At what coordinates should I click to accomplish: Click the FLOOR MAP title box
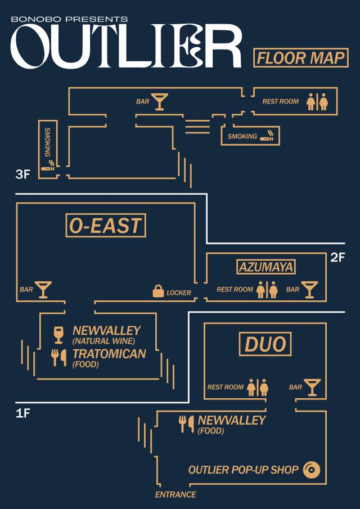point(300,58)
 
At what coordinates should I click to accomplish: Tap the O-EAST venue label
point(106,226)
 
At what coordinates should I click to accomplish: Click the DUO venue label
point(265,344)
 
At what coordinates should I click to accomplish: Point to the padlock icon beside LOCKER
point(158,291)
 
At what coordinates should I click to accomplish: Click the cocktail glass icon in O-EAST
point(43,290)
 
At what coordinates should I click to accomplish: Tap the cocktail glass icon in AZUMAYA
point(309,290)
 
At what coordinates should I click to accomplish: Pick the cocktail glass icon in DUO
point(312,388)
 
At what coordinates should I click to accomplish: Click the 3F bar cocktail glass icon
point(160,102)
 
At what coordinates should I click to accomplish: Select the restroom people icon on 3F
point(317,102)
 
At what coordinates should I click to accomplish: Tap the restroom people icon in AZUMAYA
point(267,290)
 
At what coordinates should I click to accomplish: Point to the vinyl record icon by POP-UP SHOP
point(312,470)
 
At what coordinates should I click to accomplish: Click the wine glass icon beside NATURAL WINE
point(58,335)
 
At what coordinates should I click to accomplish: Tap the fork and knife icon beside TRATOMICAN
point(58,358)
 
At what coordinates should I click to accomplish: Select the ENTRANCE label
point(175,495)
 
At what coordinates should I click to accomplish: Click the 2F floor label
point(337,258)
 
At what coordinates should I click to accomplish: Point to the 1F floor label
point(22,414)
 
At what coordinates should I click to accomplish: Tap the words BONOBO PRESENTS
point(69,20)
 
